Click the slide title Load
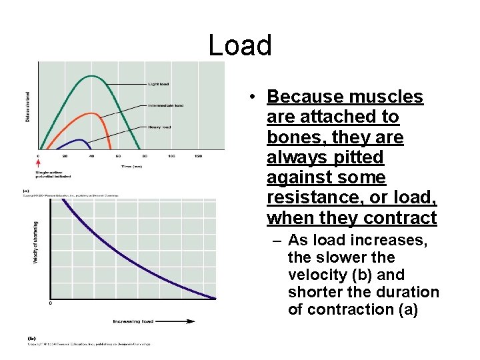[240, 45]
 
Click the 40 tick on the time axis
[91, 156]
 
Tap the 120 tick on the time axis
[198, 156]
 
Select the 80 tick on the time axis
[145, 156]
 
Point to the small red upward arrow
[38, 162]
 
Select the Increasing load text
[133, 321]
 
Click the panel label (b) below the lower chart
[31, 337]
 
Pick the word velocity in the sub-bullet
[313, 275]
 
